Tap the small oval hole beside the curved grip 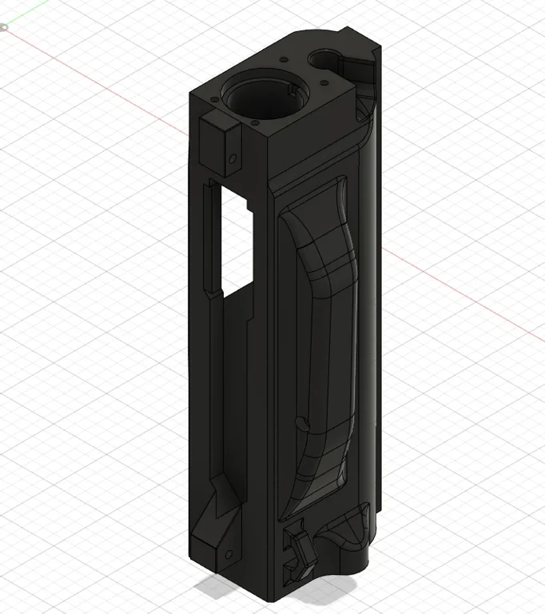click(x=301, y=421)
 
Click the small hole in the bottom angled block click(x=230, y=554)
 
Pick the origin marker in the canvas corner click(x=3, y=28)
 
